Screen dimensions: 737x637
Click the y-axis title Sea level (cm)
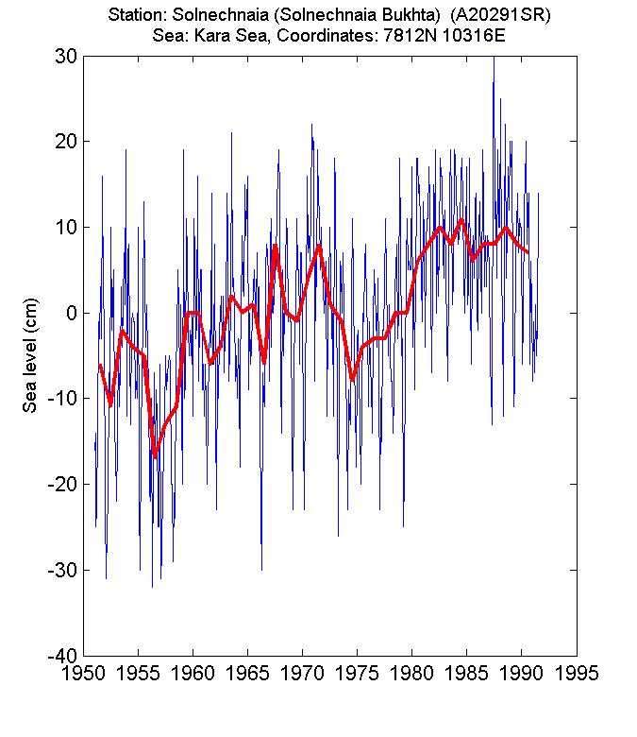point(30,364)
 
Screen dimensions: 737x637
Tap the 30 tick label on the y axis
point(66,56)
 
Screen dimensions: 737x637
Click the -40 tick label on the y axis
point(61,655)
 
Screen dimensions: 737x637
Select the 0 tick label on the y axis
point(72,313)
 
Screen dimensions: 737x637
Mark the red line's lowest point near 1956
point(155,457)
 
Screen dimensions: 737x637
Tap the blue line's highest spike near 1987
point(494,59)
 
